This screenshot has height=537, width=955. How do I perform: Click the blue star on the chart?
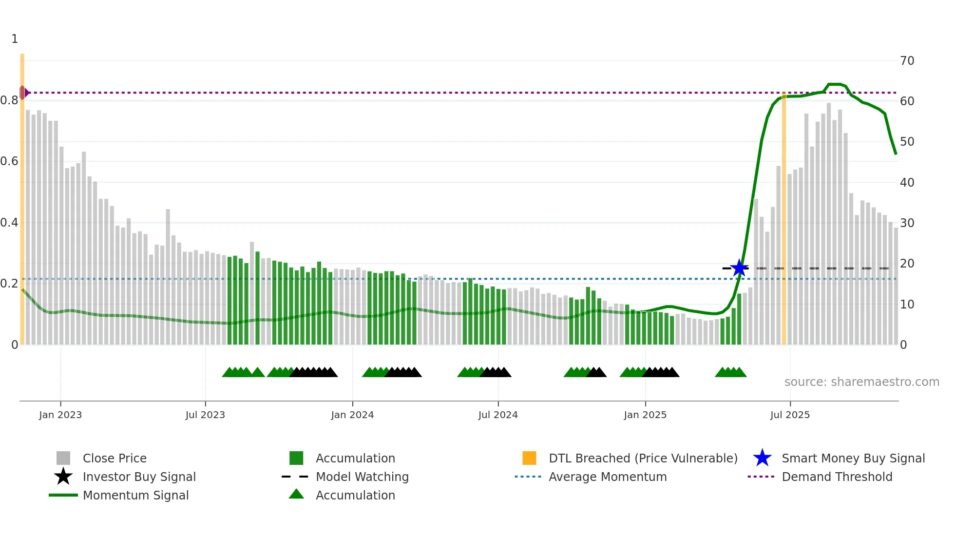[x=739, y=268]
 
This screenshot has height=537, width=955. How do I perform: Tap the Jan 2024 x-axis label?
[x=352, y=415]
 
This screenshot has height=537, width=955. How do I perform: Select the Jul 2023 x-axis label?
[x=205, y=415]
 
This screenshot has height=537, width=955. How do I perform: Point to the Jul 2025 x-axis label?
[x=790, y=415]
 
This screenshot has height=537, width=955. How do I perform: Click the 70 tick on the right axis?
[x=907, y=61]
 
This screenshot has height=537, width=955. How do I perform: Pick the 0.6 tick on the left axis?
[x=10, y=161]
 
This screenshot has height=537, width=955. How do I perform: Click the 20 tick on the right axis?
[x=907, y=264]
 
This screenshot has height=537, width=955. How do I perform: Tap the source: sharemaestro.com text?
[x=861, y=382]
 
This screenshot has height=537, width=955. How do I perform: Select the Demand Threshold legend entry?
[x=837, y=477]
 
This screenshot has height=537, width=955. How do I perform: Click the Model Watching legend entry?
[x=362, y=477]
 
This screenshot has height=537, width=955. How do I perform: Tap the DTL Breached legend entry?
[x=643, y=459]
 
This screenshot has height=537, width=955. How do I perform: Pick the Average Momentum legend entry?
[x=607, y=477]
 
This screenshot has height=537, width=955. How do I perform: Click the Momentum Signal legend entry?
[x=135, y=496]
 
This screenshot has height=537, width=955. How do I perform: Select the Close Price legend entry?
[x=115, y=459]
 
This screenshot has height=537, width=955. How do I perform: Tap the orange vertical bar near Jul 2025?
[x=784, y=219]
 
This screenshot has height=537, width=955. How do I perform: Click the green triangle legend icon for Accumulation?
[x=296, y=495]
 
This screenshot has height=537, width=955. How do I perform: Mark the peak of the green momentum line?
[x=835, y=84]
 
